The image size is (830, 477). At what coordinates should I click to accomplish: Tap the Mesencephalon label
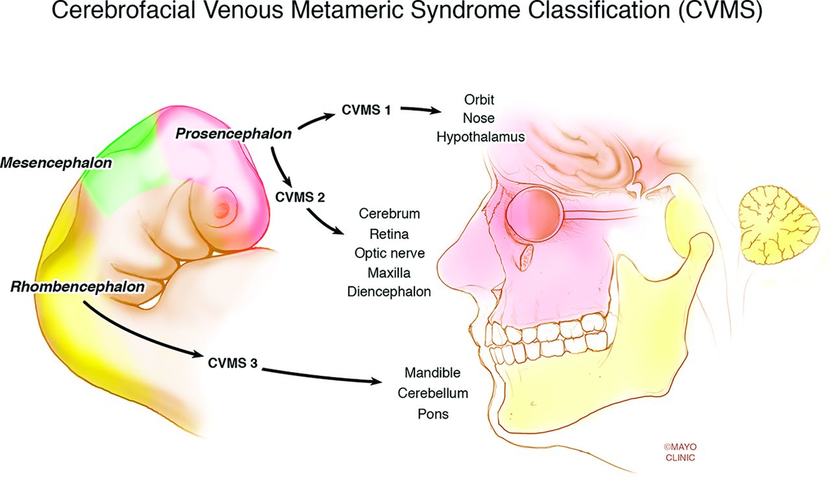pyautogui.click(x=56, y=163)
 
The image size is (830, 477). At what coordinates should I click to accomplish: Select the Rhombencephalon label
pyautogui.click(x=77, y=286)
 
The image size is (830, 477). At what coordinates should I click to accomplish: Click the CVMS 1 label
pyautogui.click(x=366, y=110)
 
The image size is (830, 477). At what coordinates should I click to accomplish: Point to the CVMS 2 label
pyautogui.click(x=300, y=196)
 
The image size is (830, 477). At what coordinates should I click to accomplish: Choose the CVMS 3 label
pyautogui.click(x=233, y=363)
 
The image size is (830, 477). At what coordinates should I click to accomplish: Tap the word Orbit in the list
pyautogui.click(x=479, y=100)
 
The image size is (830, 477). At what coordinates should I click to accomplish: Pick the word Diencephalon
pyautogui.click(x=389, y=292)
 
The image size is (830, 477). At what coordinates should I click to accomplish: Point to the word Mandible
pyautogui.click(x=433, y=373)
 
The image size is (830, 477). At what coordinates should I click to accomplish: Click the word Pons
pyautogui.click(x=433, y=413)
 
